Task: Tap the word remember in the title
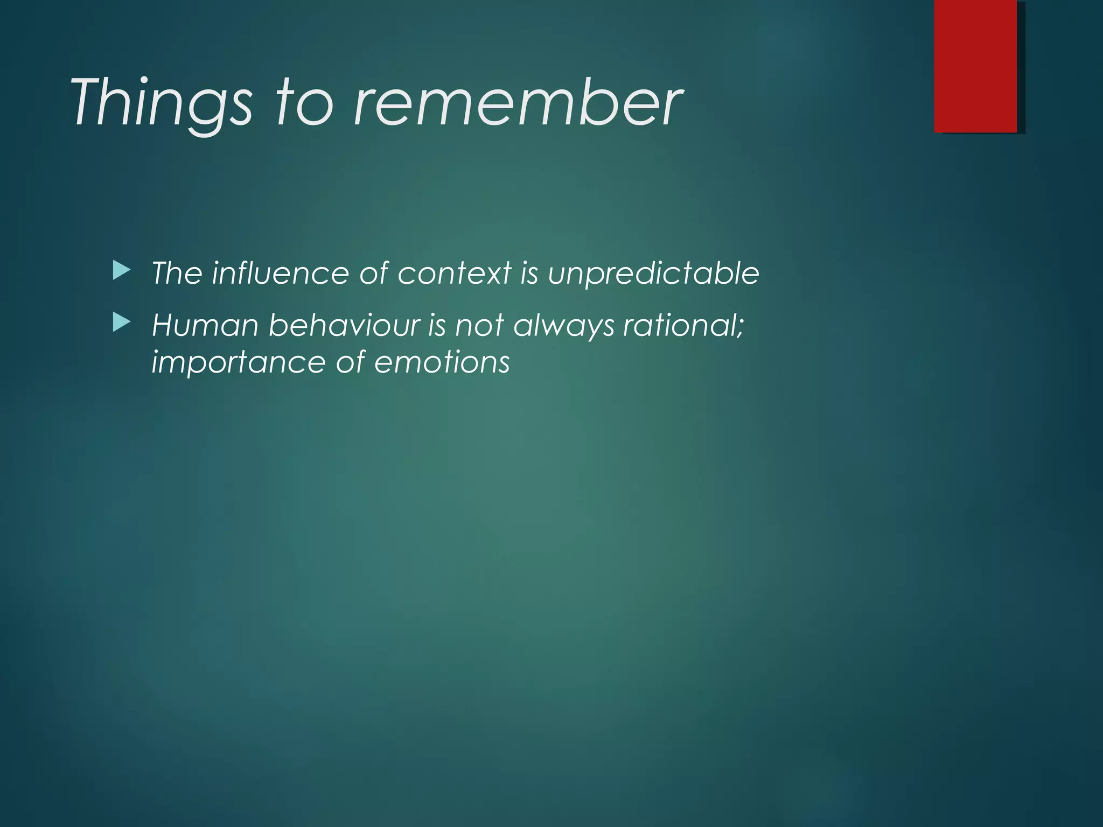[x=517, y=102]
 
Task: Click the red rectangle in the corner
[x=975, y=66]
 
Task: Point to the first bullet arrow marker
[x=122, y=271]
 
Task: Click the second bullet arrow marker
[x=122, y=323]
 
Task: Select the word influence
[x=281, y=273]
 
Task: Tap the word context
[x=454, y=273]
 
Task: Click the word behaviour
[x=344, y=326]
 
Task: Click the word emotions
[x=442, y=362]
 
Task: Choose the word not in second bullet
[x=479, y=326]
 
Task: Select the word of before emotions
[x=350, y=362]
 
